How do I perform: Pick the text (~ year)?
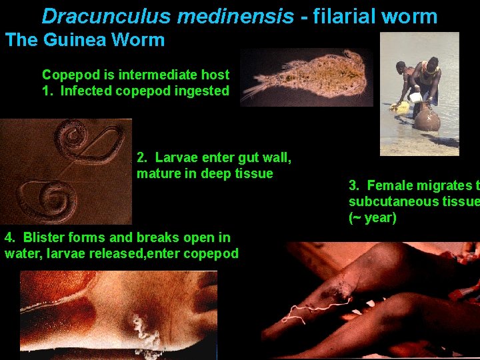click(x=373, y=217)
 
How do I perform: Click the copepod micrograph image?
click(x=306, y=77)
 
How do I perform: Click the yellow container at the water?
click(x=401, y=106)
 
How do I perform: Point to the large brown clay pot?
click(x=427, y=118)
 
